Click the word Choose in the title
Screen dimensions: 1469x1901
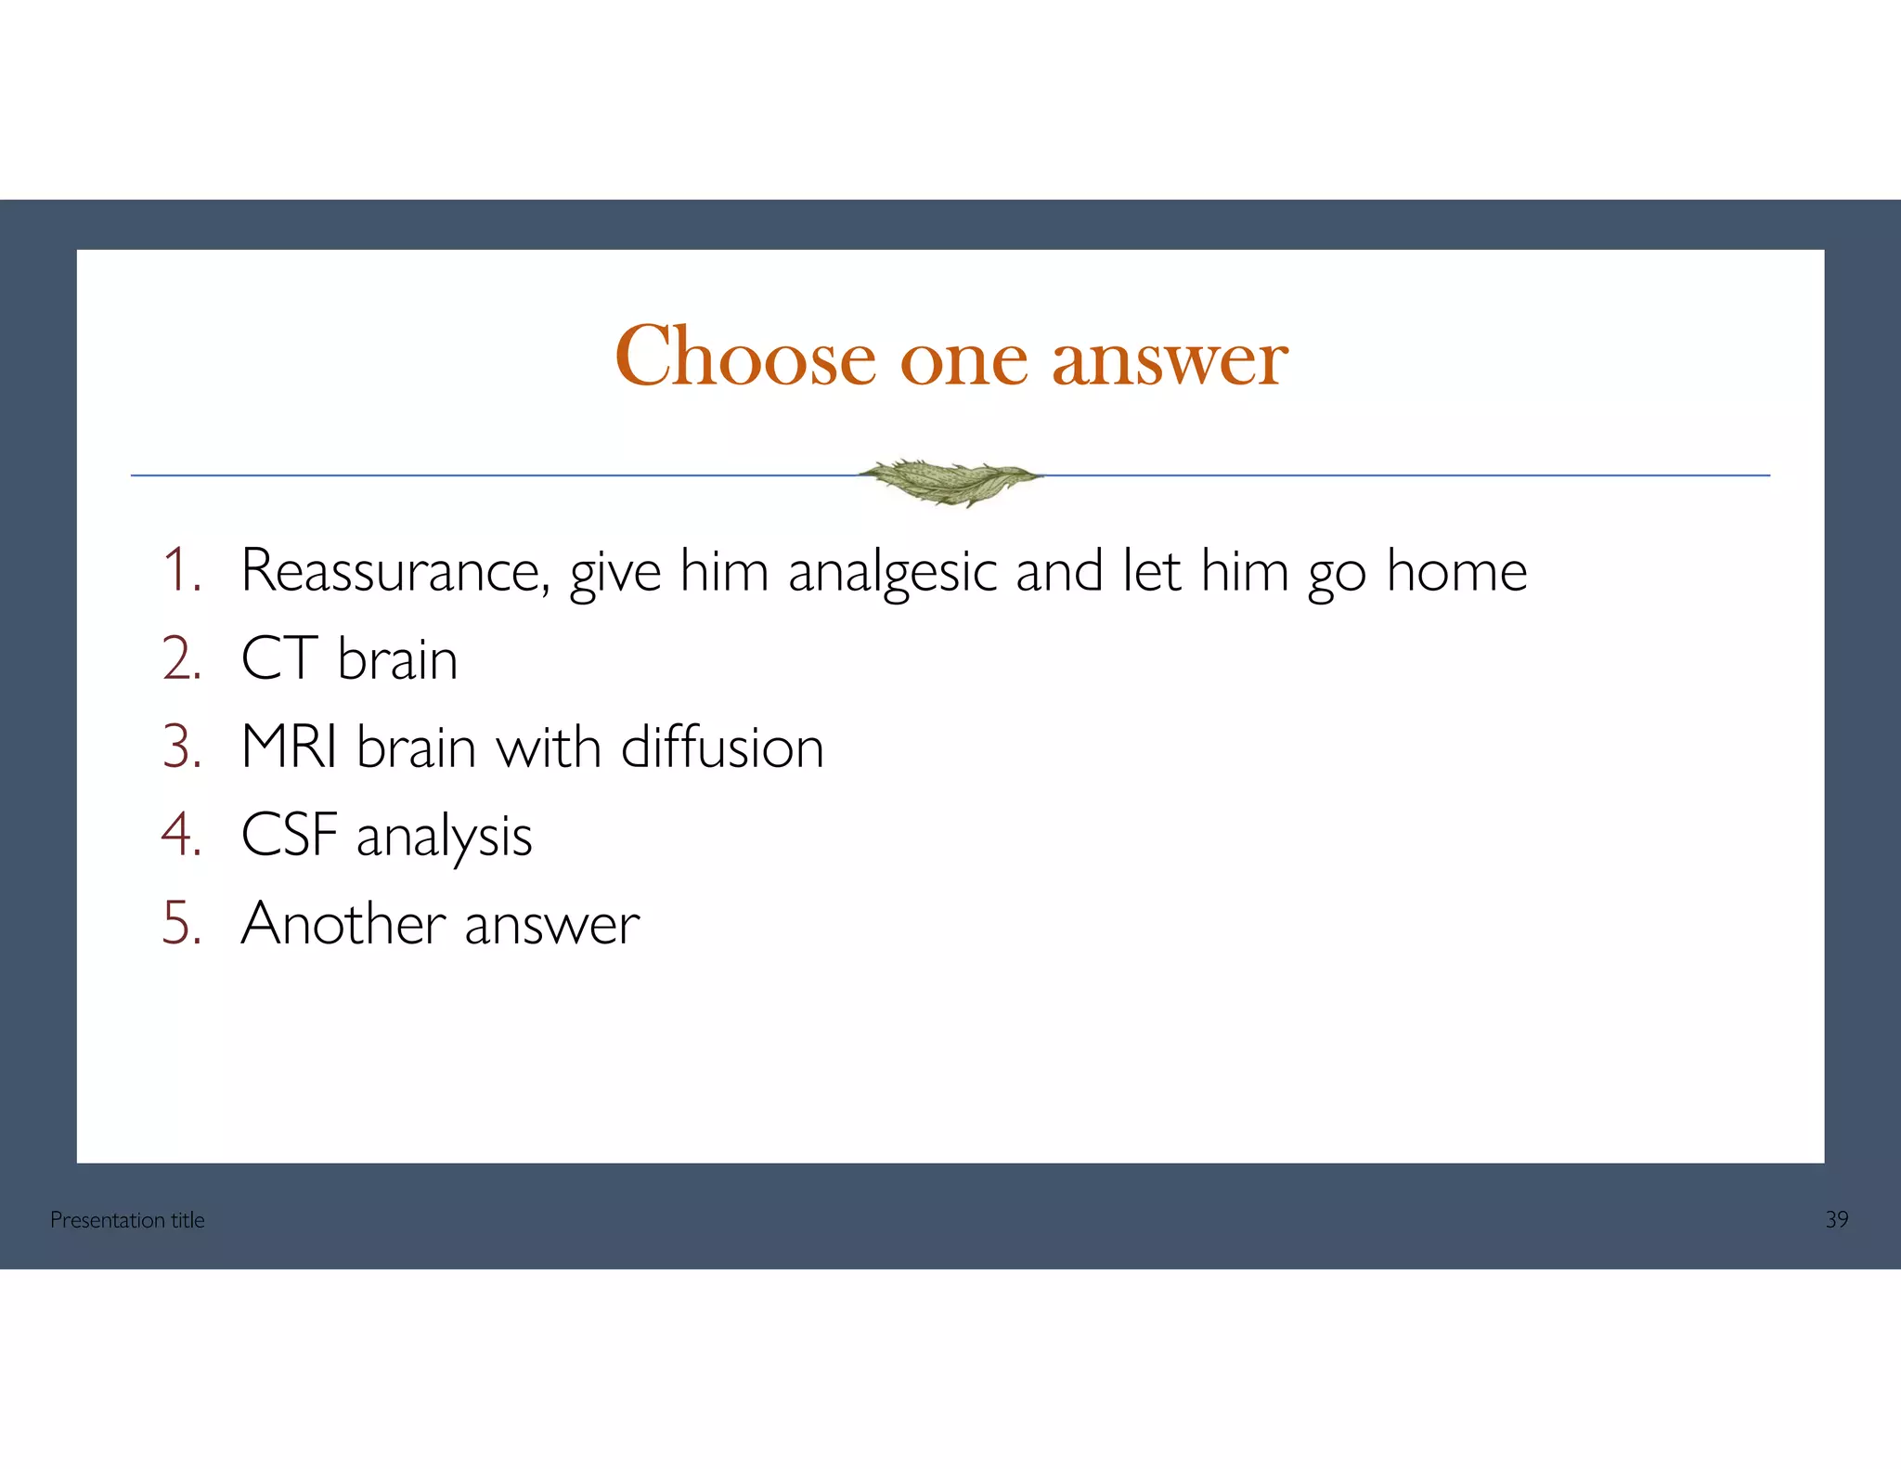(745, 357)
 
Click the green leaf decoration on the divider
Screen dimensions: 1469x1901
(950, 480)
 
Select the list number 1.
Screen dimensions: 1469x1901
(181, 570)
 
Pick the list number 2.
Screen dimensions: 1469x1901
(181, 658)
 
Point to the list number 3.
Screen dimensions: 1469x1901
(181, 747)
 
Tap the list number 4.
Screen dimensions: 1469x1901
(181, 834)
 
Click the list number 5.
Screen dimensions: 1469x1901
(181, 923)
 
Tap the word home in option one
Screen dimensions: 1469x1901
(1456, 570)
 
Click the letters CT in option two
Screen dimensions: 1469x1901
(279, 658)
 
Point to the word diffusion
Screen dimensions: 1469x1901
(722, 747)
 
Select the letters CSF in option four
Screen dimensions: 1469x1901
(289, 834)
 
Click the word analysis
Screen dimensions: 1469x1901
(444, 836)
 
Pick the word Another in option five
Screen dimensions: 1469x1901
(343, 923)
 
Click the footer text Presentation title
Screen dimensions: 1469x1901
(127, 1220)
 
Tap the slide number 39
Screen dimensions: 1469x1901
(1836, 1220)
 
